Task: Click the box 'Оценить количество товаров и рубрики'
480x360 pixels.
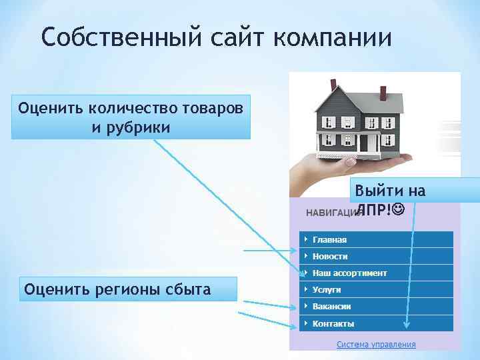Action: pyautogui.click(x=131, y=116)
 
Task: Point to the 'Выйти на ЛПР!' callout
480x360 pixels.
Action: pyautogui.click(x=389, y=199)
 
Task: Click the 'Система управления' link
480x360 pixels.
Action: pyautogui.click(x=376, y=345)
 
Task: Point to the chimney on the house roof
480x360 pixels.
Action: pyautogui.click(x=331, y=85)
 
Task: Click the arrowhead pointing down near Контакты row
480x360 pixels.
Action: pyautogui.click(x=407, y=326)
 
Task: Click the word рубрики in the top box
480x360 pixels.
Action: pyautogui.click(x=131, y=125)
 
